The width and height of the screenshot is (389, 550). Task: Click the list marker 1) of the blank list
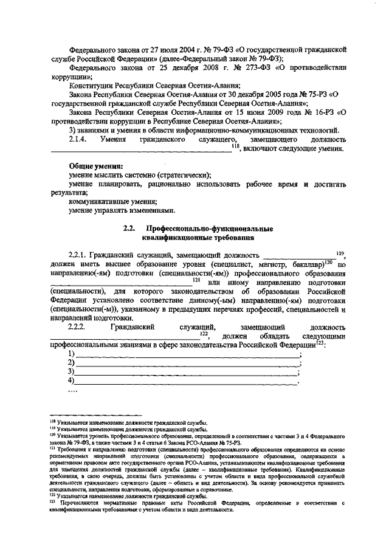(x=72, y=354)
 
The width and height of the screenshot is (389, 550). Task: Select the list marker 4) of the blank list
(x=72, y=381)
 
